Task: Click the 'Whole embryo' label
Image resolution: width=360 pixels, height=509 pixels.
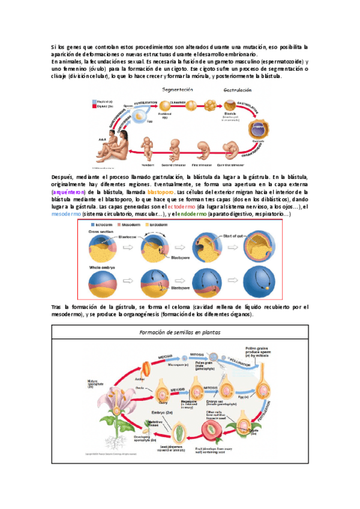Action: point(103,266)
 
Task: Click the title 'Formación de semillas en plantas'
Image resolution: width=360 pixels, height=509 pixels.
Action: point(179,331)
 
